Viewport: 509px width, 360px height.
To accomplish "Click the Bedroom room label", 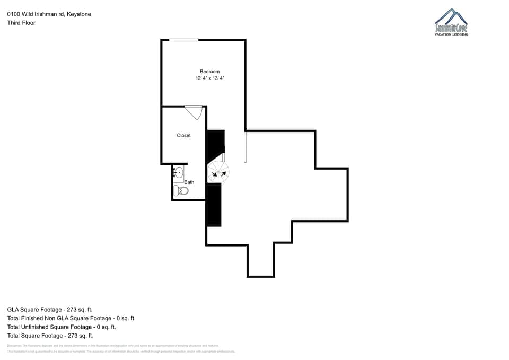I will click(x=209, y=72).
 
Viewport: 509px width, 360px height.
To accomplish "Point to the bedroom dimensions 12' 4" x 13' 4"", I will click(x=209, y=78).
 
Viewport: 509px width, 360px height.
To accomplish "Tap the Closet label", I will click(x=183, y=136).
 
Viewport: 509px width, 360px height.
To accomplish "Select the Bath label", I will click(x=189, y=182).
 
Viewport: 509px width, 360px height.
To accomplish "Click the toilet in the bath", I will click(x=181, y=191).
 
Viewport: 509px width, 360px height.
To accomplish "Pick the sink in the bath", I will click(x=178, y=172).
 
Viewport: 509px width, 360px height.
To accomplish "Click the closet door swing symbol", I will click(x=193, y=112).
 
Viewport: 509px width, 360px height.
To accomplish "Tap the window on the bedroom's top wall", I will click(x=183, y=40).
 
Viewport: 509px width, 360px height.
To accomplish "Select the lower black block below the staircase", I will click(x=214, y=205).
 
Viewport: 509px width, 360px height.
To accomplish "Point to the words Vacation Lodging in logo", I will click(x=451, y=34).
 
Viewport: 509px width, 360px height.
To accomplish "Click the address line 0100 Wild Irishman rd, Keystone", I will click(x=49, y=14).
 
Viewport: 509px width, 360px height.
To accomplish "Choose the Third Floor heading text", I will click(x=21, y=23).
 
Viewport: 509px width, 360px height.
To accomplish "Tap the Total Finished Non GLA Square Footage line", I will click(x=71, y=318).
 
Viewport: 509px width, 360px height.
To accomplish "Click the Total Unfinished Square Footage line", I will click(x=62, y=327).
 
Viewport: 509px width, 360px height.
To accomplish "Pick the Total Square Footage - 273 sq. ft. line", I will click(x=50, y=336).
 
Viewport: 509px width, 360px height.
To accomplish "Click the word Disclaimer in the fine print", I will click(x=13, y=345).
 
